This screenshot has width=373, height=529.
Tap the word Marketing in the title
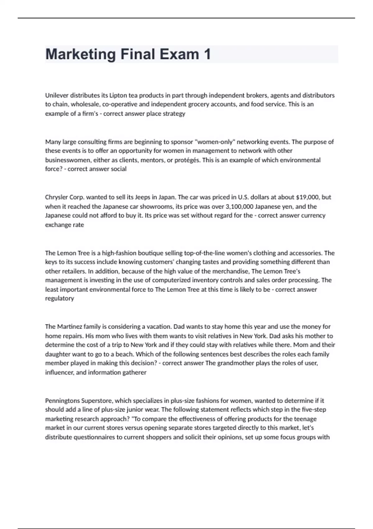point(81,54)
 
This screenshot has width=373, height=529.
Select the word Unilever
point(57,95)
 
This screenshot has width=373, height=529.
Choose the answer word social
point(118,169)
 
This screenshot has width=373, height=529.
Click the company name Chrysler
point(56,197)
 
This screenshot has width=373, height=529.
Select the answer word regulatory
point(60,298)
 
